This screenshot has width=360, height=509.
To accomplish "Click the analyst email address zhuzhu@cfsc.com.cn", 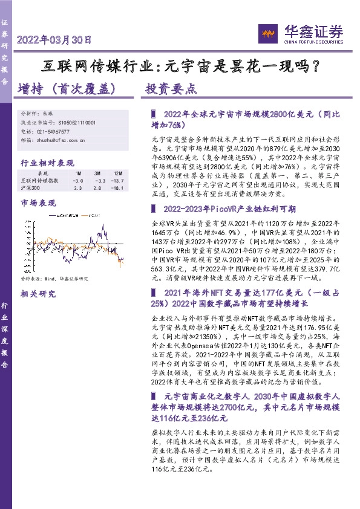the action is (x=61, y=140).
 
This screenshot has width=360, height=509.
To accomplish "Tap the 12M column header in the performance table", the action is (x=117, y=173).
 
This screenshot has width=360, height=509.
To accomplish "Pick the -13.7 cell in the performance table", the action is (x=117, y=181).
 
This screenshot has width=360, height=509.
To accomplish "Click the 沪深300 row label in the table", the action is (x=31, y=189).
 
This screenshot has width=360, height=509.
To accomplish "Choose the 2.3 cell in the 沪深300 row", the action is (x=77, y=189).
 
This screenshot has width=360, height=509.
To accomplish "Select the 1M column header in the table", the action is (x=77, y=173).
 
